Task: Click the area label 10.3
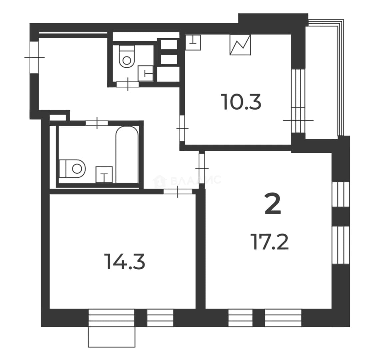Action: point(241,102)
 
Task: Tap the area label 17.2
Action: point(270,242)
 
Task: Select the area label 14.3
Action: point(125,262)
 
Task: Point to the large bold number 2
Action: point(273,205)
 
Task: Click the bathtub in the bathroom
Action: point(127,154)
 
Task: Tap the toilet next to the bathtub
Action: point(72,169)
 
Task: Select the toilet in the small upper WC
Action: point(127,56)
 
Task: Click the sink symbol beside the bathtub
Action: point(104,175)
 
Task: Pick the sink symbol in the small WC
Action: point(146,73)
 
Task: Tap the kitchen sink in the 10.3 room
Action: point(193,42)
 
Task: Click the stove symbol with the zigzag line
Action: point(240,45)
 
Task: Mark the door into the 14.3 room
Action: point(178,191)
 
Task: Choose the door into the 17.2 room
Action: point(202,168)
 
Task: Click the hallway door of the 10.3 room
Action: point(182,128)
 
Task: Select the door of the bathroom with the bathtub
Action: point(97,123)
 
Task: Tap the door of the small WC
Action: point(128,84)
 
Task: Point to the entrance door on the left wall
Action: point(35,58)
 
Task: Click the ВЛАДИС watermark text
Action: point(196,180)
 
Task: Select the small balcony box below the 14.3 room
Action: point(112,337)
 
